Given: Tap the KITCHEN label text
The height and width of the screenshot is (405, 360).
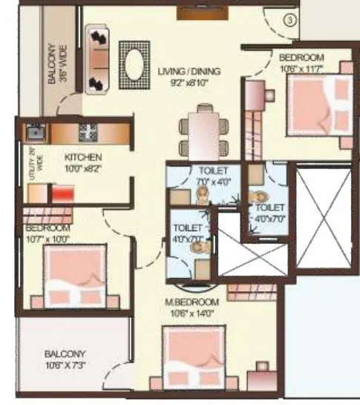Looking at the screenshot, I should pos(82,158).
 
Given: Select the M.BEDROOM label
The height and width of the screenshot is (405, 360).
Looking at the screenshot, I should pos(192,302).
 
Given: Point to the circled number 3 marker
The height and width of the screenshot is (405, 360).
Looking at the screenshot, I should pos(289,22).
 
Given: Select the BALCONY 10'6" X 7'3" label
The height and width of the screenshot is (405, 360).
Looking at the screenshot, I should pos(64,358).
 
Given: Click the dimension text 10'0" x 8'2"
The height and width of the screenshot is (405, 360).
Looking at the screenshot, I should pos(83,169).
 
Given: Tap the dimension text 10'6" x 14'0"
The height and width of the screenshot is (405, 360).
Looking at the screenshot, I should pos(192,313).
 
